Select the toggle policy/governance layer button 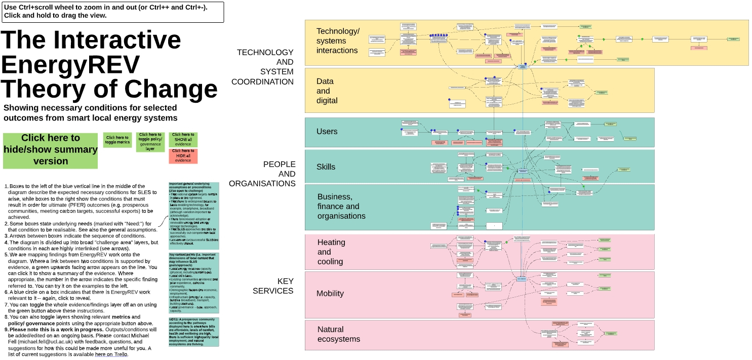[150, 141]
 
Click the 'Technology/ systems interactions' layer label [338, 41]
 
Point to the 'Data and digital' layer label [327, 91]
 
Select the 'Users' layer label [327, 132]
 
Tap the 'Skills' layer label [326, 167]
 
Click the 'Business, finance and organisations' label [341, 207]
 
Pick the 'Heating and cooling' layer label [331, 252]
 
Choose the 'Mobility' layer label [330, 294]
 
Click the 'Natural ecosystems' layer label [339, 334]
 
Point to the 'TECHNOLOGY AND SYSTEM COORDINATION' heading [264, 67]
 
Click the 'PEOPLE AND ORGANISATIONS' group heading [262, 174]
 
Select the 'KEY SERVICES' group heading [273, 286]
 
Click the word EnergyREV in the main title [70, 64]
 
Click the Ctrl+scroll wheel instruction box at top [112, 11]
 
